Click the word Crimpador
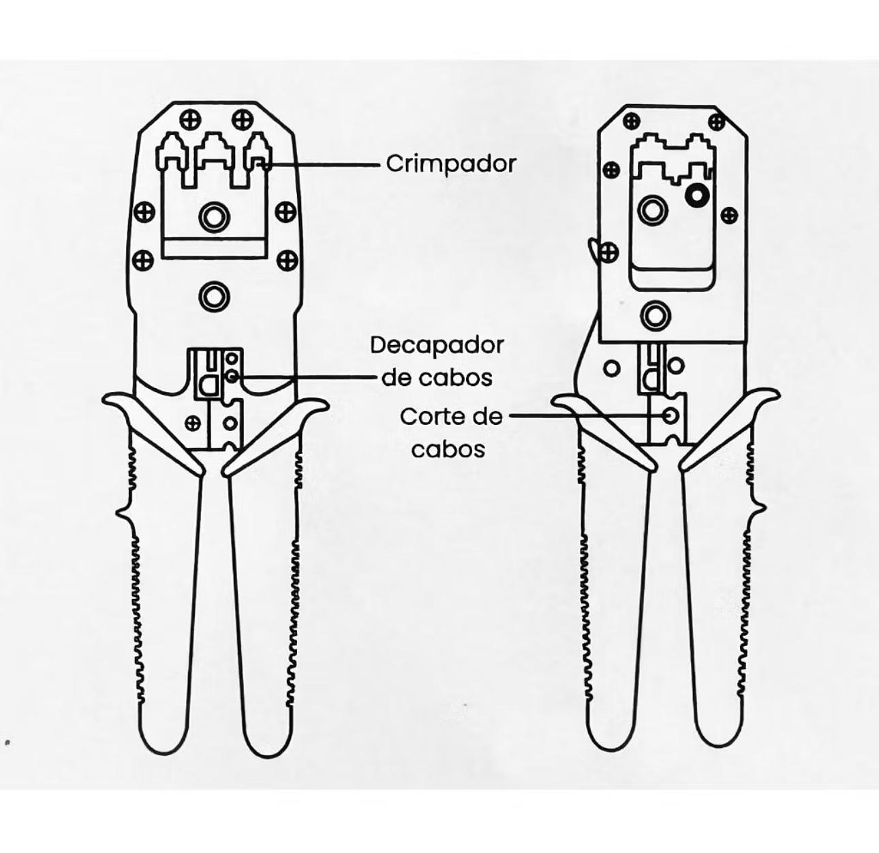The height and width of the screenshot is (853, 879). [x=451, y=164]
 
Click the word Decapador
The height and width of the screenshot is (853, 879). [x=437, y=346]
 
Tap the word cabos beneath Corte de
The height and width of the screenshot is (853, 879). [x=448, y=449]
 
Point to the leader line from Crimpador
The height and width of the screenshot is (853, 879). [x=322, y=165]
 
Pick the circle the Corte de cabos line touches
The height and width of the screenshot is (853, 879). [x=670, y=415]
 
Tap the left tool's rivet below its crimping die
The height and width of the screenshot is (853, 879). [x=215, y=297]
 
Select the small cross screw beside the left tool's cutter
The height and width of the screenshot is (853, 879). [x=193, y=423]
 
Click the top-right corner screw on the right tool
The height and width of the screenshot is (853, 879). [x=716, y=121]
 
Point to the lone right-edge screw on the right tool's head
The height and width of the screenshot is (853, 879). [x=729, y=216]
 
